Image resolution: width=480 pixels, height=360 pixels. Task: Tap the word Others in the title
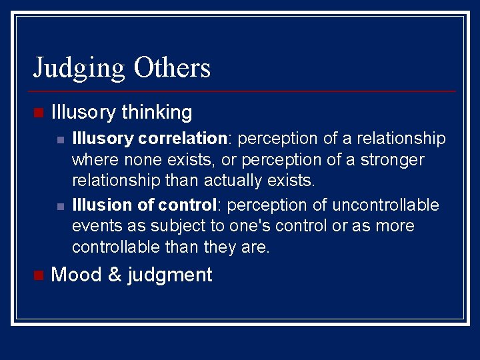click(172, 67)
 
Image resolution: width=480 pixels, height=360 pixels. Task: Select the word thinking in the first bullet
click(157, 112)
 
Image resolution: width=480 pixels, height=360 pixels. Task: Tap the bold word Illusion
click(102, 204)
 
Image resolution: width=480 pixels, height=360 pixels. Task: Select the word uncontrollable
click(385, 204)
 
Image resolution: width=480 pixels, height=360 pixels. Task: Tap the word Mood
click(75, 275)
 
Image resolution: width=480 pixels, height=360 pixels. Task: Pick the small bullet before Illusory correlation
click(61, 139)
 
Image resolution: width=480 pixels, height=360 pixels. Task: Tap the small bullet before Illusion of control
click(61, 205)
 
